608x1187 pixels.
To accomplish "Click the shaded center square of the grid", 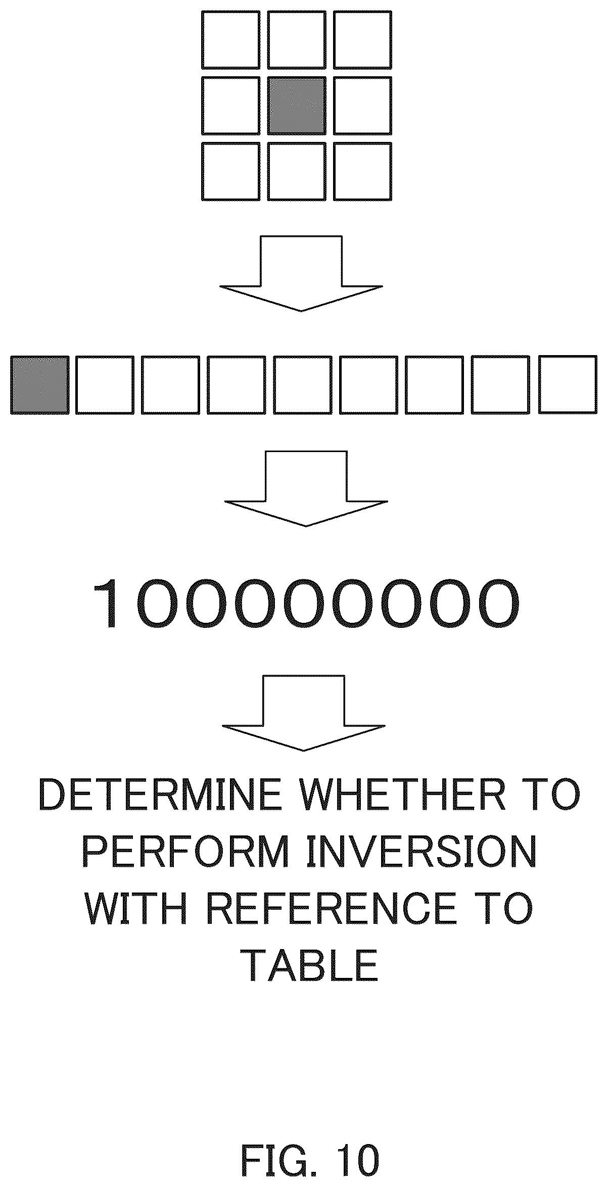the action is coord(296,106).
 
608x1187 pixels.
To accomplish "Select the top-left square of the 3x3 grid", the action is coord(230,40).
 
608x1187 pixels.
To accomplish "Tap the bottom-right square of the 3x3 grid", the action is coord(362,171).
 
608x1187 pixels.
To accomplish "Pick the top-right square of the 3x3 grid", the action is coord(362,40).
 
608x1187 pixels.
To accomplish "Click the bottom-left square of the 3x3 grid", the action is coord(230,171).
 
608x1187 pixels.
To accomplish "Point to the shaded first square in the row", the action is coord(40,385).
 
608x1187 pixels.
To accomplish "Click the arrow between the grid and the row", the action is coord(301,273).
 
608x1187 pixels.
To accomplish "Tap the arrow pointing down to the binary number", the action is coord(306,488).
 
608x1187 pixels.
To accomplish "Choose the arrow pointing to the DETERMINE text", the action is coord(303,713).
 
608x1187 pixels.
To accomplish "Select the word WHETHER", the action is coord(403,797).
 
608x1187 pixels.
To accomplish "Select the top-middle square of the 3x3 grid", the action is coord(296,40).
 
